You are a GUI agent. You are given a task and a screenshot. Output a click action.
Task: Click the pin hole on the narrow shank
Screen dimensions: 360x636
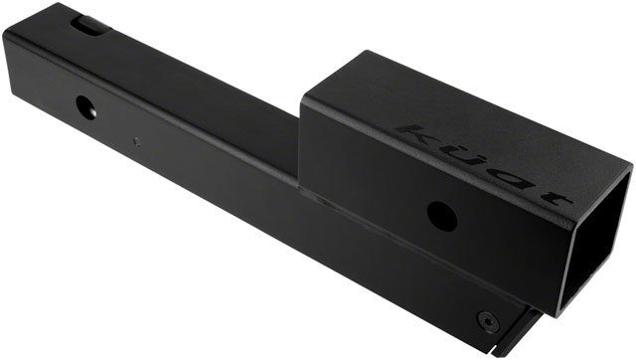85,104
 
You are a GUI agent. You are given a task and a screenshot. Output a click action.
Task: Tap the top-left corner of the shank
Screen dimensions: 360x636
8,30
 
